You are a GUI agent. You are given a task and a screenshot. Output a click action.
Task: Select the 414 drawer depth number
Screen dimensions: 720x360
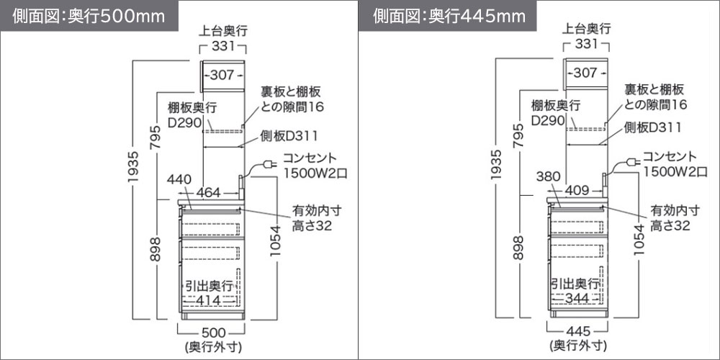212,300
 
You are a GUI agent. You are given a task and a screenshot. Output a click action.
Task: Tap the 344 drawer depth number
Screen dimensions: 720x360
577,299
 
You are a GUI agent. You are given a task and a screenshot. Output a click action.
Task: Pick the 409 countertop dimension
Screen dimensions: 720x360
575,190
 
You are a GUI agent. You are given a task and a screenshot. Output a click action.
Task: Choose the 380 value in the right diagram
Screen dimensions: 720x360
548,177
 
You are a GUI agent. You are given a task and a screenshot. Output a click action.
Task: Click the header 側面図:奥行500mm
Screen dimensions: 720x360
89,16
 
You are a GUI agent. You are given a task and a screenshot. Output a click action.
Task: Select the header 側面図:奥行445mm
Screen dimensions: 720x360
449,16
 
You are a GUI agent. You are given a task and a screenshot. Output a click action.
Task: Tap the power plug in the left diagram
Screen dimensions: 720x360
269,164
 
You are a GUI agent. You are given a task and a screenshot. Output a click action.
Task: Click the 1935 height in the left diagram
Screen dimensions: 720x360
133,167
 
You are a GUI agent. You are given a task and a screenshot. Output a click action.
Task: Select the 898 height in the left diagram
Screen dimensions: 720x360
156,249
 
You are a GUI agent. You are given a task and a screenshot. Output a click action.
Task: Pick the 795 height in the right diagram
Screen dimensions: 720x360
519,135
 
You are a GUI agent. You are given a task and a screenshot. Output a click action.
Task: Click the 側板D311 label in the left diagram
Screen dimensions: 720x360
289,136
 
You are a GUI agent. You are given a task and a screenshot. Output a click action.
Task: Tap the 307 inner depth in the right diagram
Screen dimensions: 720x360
585,73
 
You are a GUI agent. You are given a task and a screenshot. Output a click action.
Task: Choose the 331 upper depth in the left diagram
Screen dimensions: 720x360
223,45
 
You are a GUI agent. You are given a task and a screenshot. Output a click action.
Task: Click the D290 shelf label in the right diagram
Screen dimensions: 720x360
547,120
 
